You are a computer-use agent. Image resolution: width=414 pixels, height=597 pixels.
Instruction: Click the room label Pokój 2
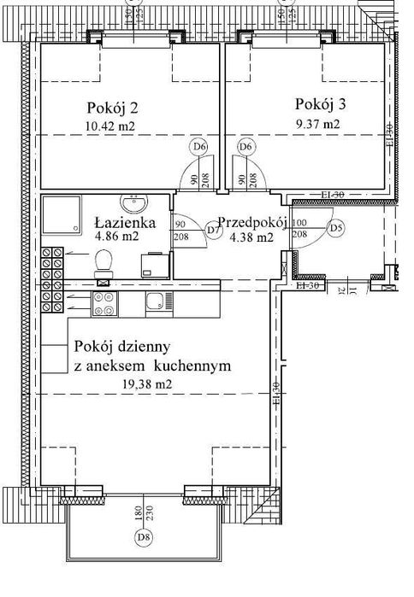coord(113,108)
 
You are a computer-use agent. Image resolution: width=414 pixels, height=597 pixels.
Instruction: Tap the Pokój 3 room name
coord(321,104)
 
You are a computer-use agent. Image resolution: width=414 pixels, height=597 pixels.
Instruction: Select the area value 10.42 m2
coord(111,126)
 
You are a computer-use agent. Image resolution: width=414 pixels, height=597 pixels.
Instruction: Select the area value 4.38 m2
coord(251,237)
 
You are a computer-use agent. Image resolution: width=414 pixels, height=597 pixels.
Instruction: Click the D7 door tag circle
coord(214,229)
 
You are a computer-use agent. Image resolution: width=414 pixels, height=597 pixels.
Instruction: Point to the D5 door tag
coord(335,228)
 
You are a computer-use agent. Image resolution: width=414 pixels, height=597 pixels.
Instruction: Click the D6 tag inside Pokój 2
coord(201,147)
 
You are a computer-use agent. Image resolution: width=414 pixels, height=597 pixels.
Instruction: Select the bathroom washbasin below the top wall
coord(135,206)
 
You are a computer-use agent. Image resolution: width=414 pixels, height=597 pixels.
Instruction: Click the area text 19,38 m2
coord(149,384)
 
